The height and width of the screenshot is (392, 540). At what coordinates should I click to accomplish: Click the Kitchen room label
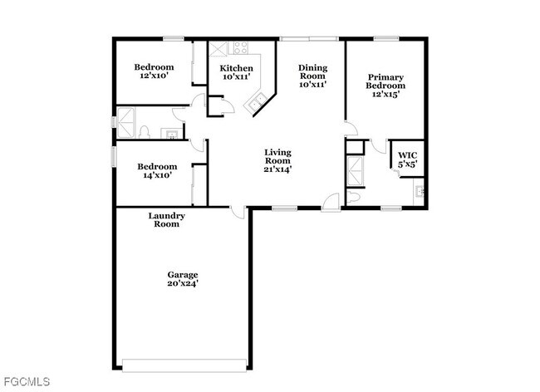point(236,72)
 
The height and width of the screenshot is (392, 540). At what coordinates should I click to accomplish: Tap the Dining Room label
point(313,76)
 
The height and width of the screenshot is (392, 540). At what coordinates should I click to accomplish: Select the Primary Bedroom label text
point(386,85)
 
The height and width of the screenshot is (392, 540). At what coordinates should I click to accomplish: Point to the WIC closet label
point(407,159)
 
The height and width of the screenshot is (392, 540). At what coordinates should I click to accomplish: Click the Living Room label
point(277,159)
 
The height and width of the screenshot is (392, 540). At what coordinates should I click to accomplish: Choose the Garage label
point(183,279)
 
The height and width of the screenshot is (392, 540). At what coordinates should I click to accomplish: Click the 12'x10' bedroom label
point(155,71)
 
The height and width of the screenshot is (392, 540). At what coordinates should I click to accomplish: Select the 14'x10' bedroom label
point(157,170)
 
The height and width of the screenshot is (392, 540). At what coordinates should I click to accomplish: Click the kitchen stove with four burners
point(241,48)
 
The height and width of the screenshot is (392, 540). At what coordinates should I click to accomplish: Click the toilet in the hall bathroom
point(144,131)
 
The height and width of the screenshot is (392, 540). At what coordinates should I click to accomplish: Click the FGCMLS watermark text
point(26,382)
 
